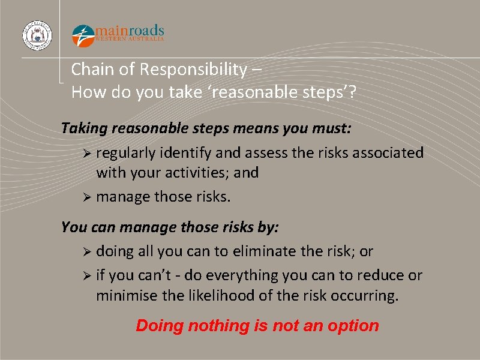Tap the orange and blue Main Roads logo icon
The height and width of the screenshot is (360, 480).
83,35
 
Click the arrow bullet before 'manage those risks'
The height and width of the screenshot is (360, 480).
88,197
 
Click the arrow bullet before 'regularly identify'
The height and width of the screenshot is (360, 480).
88,154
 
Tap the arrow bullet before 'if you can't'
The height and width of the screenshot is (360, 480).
88,276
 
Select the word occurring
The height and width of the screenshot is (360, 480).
368,295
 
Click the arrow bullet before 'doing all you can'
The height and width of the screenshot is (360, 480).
88,252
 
